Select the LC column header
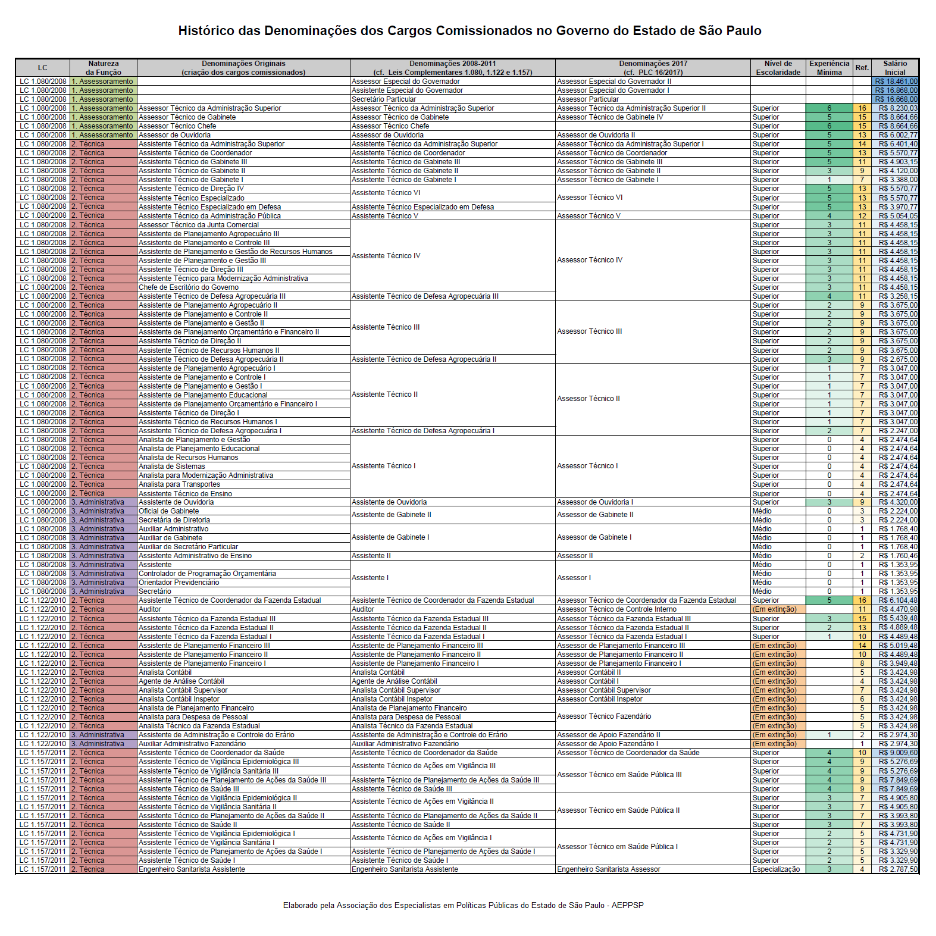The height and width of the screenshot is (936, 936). (x=43, y=68)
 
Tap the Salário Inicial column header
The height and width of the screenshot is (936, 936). (x=894, y=68)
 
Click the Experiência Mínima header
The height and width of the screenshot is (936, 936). (x=829, y=68)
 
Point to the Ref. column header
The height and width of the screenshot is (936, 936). (x=862, y=68)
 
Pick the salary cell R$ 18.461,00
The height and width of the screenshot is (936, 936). (x=896, y=82)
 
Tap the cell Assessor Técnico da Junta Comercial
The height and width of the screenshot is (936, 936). (x=199, y=225)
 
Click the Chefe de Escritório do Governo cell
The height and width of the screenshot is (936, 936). (x=189, y=287)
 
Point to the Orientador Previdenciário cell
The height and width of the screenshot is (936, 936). (x=179, y=583)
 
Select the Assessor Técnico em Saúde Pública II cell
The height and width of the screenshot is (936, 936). (x=618, y=810)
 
